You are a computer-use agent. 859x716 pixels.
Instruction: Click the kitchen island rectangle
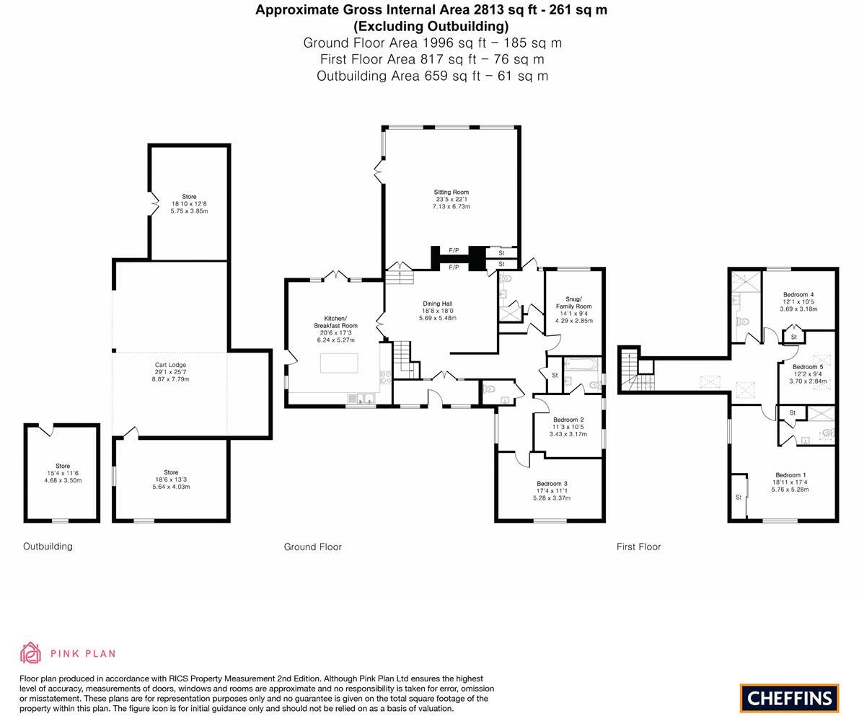tap(339, 363)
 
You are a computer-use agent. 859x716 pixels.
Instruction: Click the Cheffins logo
tap(789, 698)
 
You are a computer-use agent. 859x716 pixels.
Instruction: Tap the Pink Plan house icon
tap(31, 653)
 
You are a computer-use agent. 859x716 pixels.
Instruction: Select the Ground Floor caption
tap(312, 547)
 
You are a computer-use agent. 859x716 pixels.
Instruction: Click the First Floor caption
tap(638, 547)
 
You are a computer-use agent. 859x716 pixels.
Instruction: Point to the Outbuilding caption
tap(48, 547)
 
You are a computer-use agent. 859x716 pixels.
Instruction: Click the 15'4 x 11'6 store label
tap(63, 473)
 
